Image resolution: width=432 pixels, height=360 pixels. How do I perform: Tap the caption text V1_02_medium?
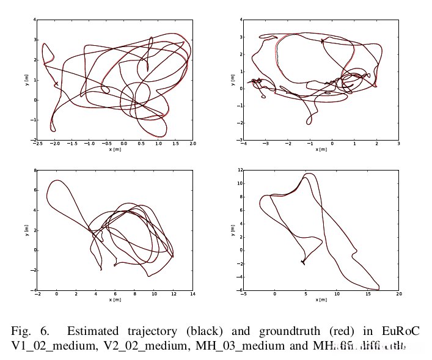coord(49,347)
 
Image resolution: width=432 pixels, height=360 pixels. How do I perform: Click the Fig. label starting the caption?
coord(22,332)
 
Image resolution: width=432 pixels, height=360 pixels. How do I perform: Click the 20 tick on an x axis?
coord(398,295)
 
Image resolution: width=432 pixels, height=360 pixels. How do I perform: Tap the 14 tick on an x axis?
coord(192,295)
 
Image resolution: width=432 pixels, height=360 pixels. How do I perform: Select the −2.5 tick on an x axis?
coord(37,144)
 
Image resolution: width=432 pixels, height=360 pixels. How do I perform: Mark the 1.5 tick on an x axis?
coord(175,144)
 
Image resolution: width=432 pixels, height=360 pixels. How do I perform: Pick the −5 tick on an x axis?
coord(243,295)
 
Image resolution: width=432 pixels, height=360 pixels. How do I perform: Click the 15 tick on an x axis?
coord(367,295)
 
